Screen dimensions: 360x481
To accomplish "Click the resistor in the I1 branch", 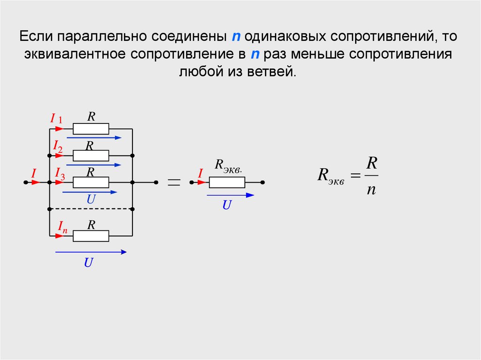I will point(91,129).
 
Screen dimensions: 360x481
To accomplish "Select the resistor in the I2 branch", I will point(91,155).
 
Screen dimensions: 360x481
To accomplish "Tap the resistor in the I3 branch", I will point(91,182).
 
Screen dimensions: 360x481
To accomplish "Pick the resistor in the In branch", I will point(91,236).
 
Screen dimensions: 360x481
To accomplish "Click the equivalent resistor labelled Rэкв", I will point(227,182).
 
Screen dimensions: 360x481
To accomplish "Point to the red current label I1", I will point(56,119).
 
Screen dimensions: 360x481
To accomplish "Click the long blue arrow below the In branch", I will point(91,252).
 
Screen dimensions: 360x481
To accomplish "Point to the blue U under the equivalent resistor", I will point(227,205).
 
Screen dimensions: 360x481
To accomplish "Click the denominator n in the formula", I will point(371,190).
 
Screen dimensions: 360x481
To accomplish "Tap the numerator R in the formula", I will point(372,164).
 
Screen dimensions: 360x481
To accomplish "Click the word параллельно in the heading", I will point(101,37).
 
